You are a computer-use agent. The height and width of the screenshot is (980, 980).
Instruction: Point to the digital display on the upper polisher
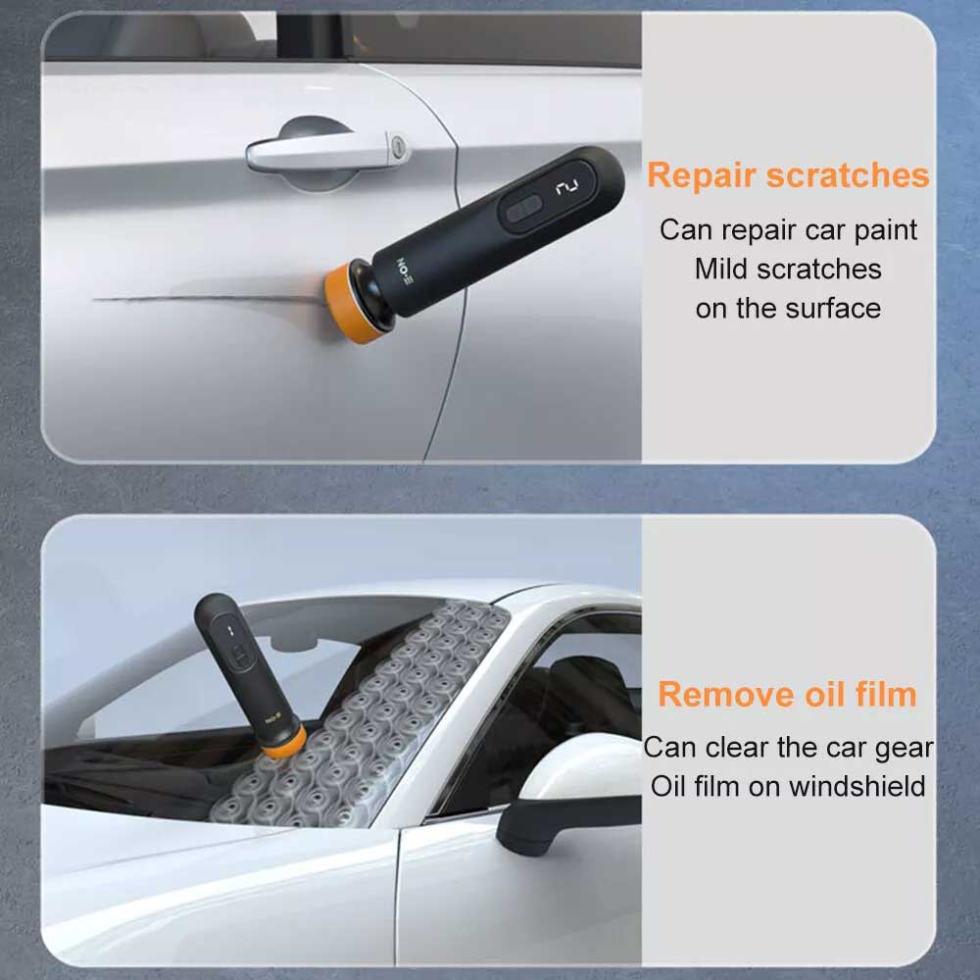click(x=567, y=186)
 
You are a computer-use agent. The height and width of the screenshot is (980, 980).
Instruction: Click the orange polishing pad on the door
click(x=348, y=303)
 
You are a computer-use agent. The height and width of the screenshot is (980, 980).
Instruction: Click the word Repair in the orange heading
click(x=702, y=176)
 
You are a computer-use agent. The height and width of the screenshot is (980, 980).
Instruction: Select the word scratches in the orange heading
click(x=848, y=175)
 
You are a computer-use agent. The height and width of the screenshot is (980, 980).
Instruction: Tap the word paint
click(x=885, y=231)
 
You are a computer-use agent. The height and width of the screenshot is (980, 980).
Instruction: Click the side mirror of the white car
click(x=568, y=794)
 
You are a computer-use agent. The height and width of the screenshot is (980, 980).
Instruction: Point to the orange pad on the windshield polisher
click(x=283, y=741)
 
